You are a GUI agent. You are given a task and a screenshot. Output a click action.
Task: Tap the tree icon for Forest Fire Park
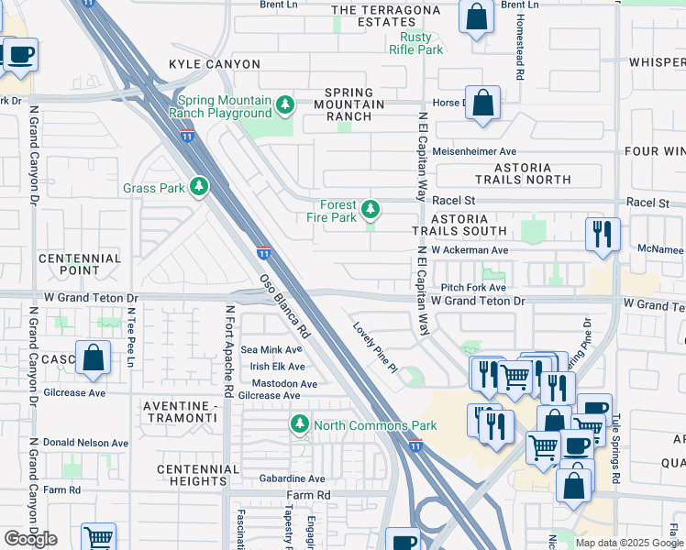(371, 211)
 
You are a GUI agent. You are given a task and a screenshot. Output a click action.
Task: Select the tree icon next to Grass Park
(198, 188)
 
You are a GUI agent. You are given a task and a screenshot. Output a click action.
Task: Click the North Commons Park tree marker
(299, 425)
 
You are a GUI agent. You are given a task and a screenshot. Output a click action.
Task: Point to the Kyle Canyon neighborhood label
(214, 64)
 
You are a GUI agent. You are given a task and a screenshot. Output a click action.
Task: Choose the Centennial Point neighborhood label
(80, 265)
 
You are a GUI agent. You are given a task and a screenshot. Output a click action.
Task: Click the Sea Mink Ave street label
(271, 349)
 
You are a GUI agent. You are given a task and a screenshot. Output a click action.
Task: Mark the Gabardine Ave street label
(291, 478)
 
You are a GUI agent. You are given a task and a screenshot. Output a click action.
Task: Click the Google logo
(30, 539)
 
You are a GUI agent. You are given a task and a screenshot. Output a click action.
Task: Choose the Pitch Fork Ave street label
(473, 287)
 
